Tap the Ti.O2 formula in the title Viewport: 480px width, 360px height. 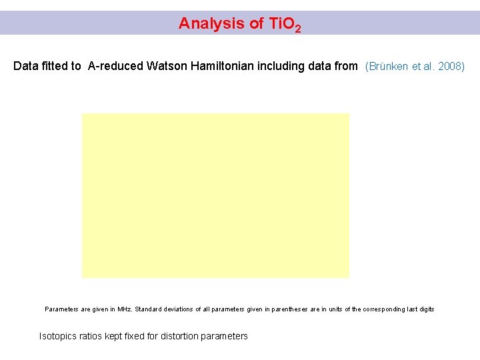285,25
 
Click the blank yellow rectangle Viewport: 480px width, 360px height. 215,195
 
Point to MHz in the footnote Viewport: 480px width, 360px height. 123,309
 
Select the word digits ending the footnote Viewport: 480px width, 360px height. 424,309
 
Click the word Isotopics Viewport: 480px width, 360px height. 59,336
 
